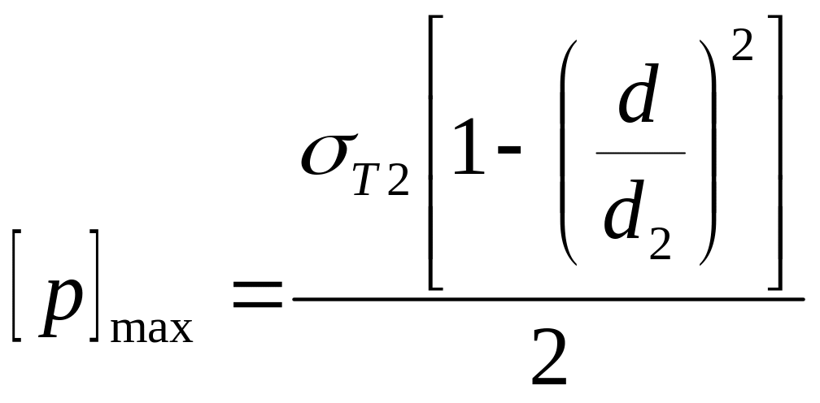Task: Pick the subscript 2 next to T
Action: tap(399, 180)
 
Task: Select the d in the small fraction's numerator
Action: tap(636, 97)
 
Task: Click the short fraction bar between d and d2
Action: tap(640, 153)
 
